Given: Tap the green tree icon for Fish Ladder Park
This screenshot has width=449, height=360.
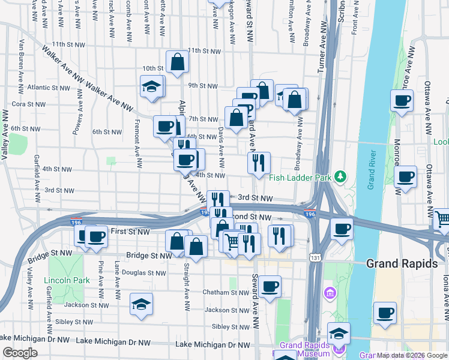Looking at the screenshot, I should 341,176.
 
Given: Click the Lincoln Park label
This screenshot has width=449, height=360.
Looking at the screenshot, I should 66,280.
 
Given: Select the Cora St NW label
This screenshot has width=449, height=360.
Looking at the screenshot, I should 26,103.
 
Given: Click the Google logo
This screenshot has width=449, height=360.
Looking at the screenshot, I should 20,353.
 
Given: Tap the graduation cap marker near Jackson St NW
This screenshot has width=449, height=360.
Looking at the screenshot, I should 141,304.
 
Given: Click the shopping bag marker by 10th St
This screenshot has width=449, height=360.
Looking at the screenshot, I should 178,61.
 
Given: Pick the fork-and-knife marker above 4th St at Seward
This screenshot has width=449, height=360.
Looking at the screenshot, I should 259,163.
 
